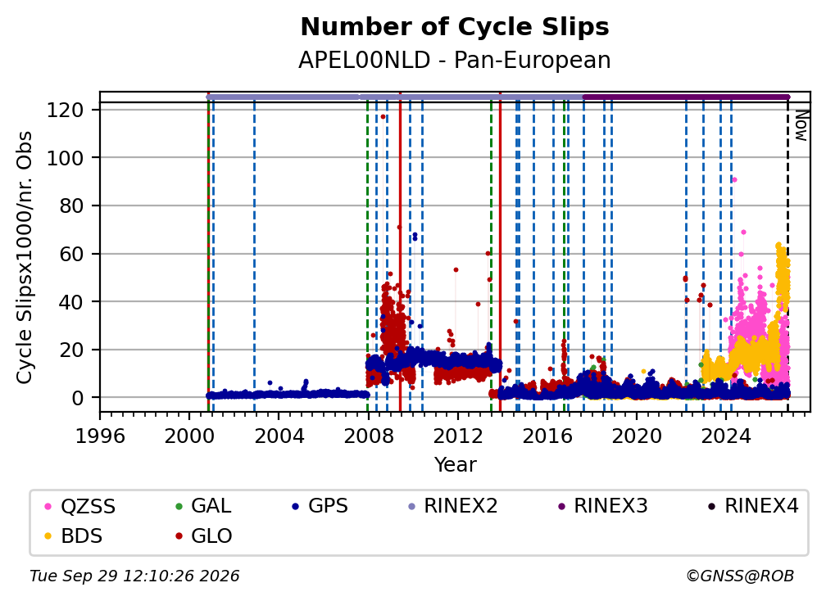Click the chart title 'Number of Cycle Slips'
pos(455,27)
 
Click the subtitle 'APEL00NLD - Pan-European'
pos(455,61)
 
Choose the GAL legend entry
pos(203,506)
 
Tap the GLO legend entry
pos(203,536)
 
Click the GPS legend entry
pos(320,506)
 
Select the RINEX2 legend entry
pos(452,506)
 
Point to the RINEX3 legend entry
pos(602,506)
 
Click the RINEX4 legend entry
pos(753,506)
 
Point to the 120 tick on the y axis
pos(66,110)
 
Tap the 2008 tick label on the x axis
pos(368,436)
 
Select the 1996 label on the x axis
pos(100,436)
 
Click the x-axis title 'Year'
pos(455,465)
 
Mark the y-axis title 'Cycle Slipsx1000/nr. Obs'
pos(25,257)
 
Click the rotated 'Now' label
pos(801,126)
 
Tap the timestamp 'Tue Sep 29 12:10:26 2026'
pos(134,576)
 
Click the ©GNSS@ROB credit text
pos(740,576)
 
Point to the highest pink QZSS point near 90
pos(734,180)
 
